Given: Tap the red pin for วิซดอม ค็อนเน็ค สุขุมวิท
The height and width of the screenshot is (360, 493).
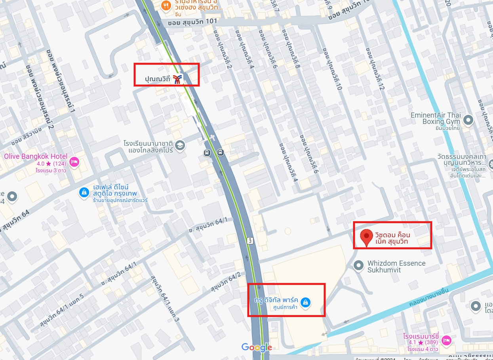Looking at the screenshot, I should tap(367, 236).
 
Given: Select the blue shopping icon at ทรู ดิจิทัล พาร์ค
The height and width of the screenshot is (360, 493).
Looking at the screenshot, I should tap(305, 303).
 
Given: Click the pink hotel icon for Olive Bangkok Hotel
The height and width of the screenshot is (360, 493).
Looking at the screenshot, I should tap(74, 162).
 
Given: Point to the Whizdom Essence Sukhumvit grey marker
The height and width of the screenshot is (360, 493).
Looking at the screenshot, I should tap(359, 265).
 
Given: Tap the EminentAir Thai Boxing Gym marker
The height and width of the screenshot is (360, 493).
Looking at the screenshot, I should tap(468, 119).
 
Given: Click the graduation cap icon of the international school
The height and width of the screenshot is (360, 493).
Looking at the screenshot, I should tap(180, 145).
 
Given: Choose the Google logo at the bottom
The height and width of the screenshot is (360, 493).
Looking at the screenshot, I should tap(257, 348).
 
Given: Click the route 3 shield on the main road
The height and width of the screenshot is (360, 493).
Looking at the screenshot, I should tap(250, 240).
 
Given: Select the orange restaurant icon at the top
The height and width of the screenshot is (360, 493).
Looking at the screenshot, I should tap(166, 6).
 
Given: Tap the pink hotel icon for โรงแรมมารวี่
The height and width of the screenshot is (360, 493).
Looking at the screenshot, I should tap(446, 340).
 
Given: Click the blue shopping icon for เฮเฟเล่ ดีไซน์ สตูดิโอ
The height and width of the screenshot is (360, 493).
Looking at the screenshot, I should tap(84, 192).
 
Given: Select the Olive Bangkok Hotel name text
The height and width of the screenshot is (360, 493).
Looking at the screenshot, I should tap(36, 156).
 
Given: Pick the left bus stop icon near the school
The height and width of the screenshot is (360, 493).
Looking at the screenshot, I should tap(207, 152).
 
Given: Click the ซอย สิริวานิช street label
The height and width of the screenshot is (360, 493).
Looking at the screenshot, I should tap(27, 137).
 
